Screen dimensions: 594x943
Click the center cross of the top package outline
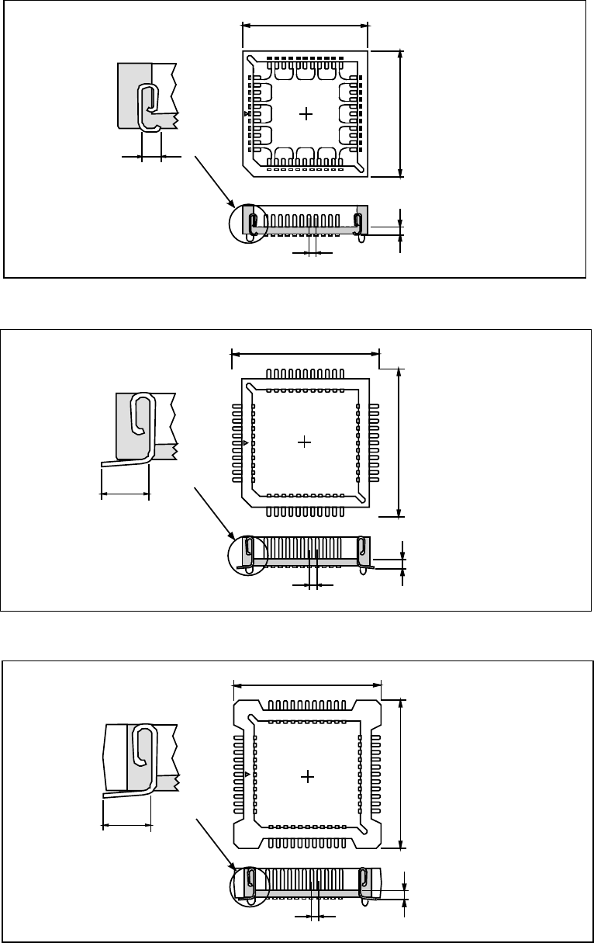click(x=306, y=114)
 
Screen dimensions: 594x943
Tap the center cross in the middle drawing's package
click(x=305, y=442)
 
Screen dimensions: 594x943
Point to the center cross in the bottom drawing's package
click(x=308, y=777)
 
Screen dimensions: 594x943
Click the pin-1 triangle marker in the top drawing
click(x=247, y=114)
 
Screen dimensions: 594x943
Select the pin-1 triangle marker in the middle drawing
click(x=246, y=442)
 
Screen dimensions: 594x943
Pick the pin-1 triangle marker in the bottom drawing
click(x=247, y=775)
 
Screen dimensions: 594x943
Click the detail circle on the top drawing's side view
click(x=248, y=223)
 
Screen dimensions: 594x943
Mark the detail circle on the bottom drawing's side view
click(x=250, y=885)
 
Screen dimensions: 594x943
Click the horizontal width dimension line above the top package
click(x=306, y=25)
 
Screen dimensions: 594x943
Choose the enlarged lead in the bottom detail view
click(x=141, y=761)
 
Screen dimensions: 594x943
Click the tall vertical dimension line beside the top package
click(x=400, y=114)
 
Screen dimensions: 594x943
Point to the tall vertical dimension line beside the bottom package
click(x=401, y=775)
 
